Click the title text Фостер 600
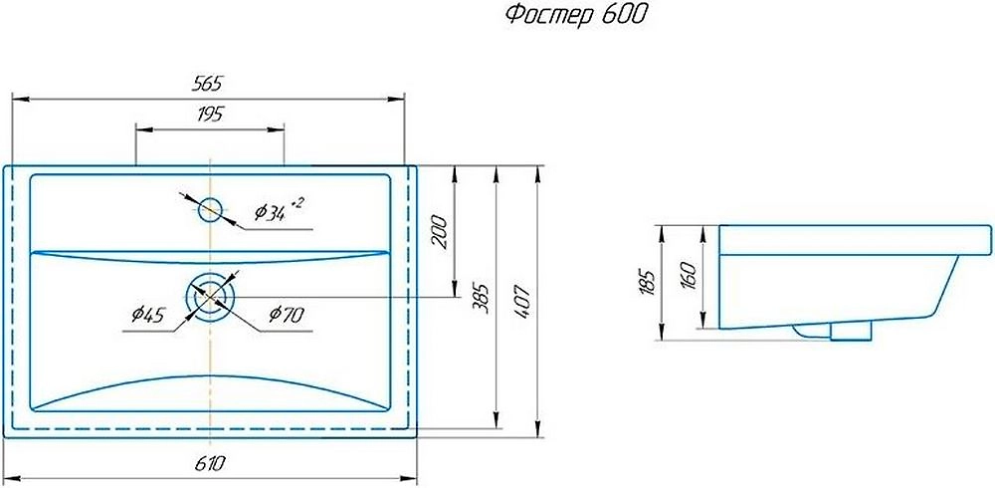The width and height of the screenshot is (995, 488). pos(563,15)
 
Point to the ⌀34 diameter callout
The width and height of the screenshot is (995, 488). pos(271,212)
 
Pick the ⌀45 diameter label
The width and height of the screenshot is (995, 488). pos(146,316)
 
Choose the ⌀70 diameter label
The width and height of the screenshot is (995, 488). pos(285,316)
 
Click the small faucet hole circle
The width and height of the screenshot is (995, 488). pos(211,210)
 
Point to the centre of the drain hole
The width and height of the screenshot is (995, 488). pos(210,296)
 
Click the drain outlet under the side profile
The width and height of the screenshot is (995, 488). pos(848,333)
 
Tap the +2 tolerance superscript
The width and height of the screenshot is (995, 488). pos(297,203)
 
